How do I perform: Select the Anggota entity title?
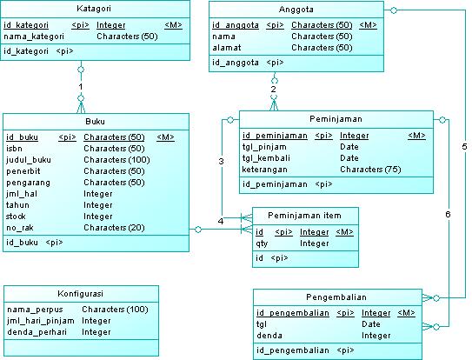(x=296, y=9)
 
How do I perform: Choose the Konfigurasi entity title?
(x=81, y=293)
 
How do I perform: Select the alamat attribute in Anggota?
(x=228, y=48)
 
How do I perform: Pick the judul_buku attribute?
(x=30, y=160)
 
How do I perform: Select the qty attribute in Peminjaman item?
(x=262, y=244)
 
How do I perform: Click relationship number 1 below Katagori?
(x=80, y=87)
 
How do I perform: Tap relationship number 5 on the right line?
(x=464, y=146)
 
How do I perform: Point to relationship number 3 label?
(x=221, y=161)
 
